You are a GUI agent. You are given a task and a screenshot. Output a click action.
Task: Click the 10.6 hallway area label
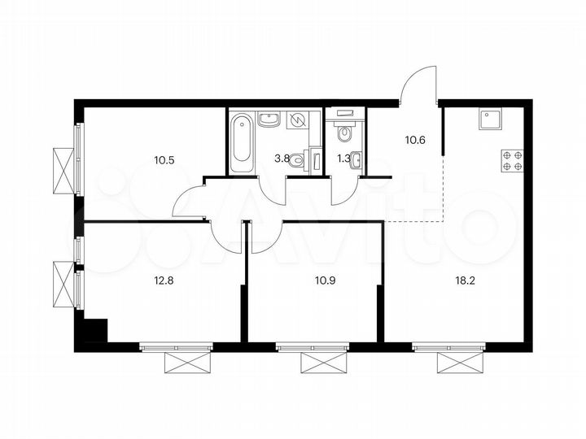(x=416, y=139)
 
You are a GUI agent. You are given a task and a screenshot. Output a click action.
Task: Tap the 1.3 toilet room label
(x=344, y=159)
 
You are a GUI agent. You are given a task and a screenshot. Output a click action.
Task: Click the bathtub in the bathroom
(x=242, y=145)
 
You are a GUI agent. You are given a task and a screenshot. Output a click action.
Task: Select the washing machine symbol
(x=298, y=120)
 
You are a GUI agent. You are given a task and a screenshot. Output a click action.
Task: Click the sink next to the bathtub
(x=269, y=121)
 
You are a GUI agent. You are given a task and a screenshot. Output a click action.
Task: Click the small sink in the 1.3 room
(x=359, y=159)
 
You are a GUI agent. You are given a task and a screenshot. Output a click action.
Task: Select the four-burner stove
(x=513, y=160)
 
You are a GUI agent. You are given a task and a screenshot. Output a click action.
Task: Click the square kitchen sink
(x=491, y=120)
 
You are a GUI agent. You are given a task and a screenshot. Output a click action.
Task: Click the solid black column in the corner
(x=94, y=332)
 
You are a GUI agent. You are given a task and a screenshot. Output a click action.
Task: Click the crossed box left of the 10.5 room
(x=62, y=170)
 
